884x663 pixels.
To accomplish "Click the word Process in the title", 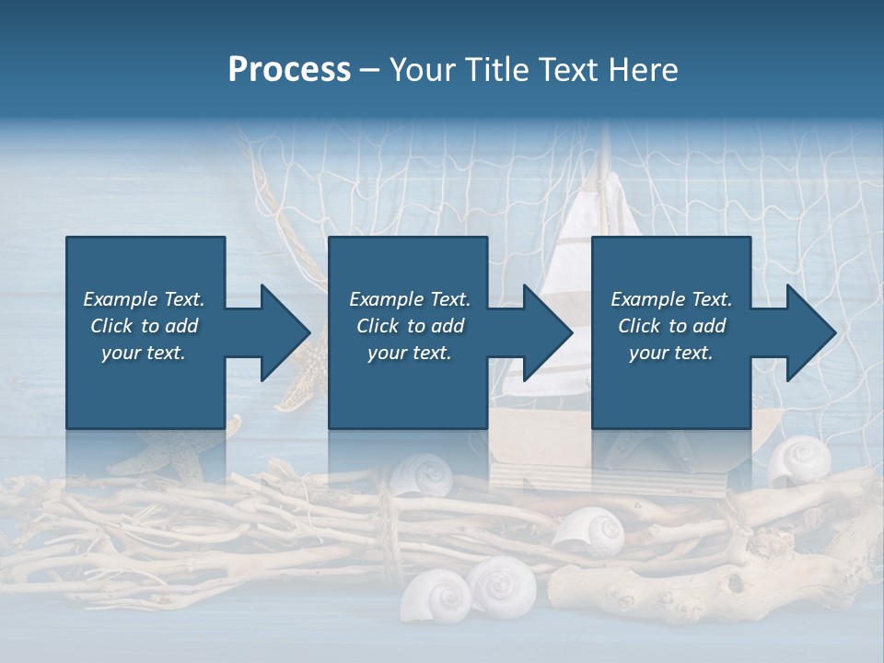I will pyautogui.click(x=289, y=70).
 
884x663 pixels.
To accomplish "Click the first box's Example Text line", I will pyautogui.click(x=145, y=299).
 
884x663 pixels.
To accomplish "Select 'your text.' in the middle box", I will pyautogui.click(x=409, y=353).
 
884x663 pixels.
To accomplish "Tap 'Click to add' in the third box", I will pyautogui.click(x=671, y=326).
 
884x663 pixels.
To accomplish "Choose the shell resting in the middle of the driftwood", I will pyautogui.click(x=589, y=532).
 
